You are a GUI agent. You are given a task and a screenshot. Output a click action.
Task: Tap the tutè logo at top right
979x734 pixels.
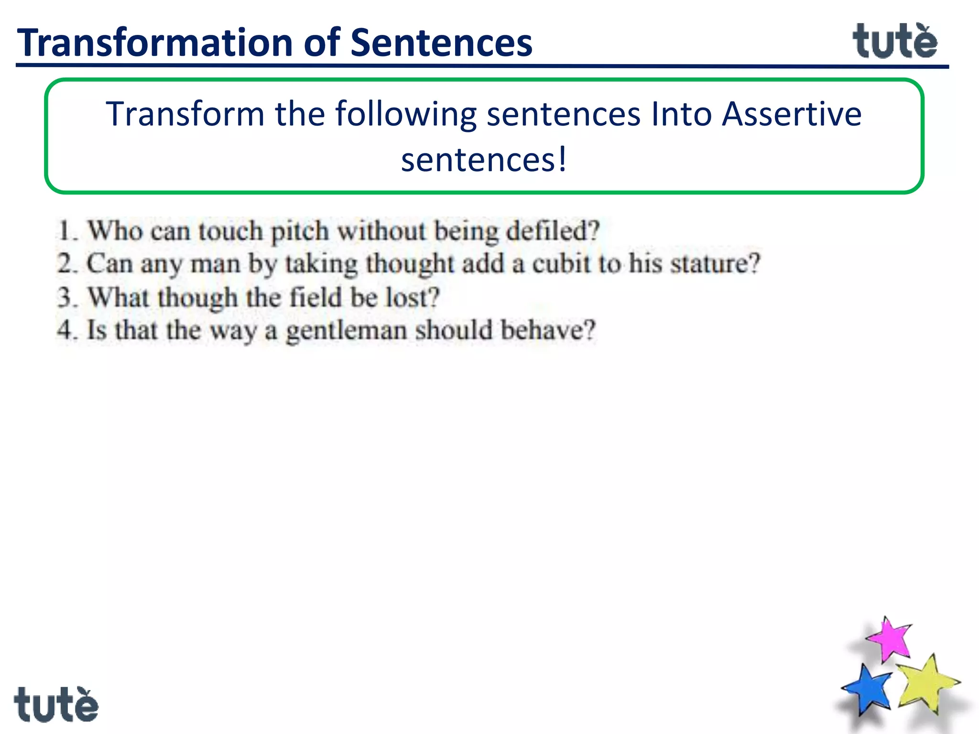click(894, 42)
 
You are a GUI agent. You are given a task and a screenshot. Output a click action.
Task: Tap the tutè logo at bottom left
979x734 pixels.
click(56, 705)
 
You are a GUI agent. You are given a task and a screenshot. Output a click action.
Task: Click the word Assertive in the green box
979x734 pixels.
click(791, 114)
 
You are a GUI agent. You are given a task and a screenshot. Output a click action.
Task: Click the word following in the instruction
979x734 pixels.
click(405, 115)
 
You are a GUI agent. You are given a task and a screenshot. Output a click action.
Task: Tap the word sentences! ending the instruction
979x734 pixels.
click(484, 160)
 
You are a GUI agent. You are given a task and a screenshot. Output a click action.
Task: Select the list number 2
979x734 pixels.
click(66, 264)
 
